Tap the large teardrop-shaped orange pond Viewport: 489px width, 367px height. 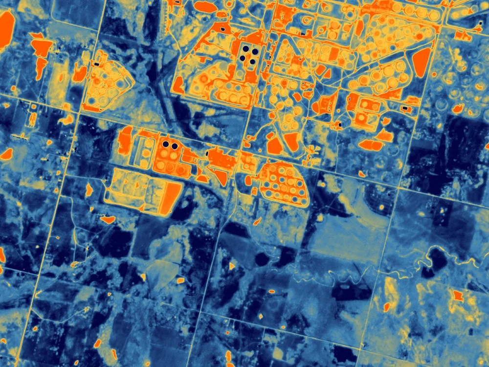[x=421, y=62]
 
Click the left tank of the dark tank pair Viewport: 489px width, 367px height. [x=166, y=144]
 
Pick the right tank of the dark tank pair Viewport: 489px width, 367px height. [x=175, y=145]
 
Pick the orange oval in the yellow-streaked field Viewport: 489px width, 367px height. [x=387, y=307]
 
